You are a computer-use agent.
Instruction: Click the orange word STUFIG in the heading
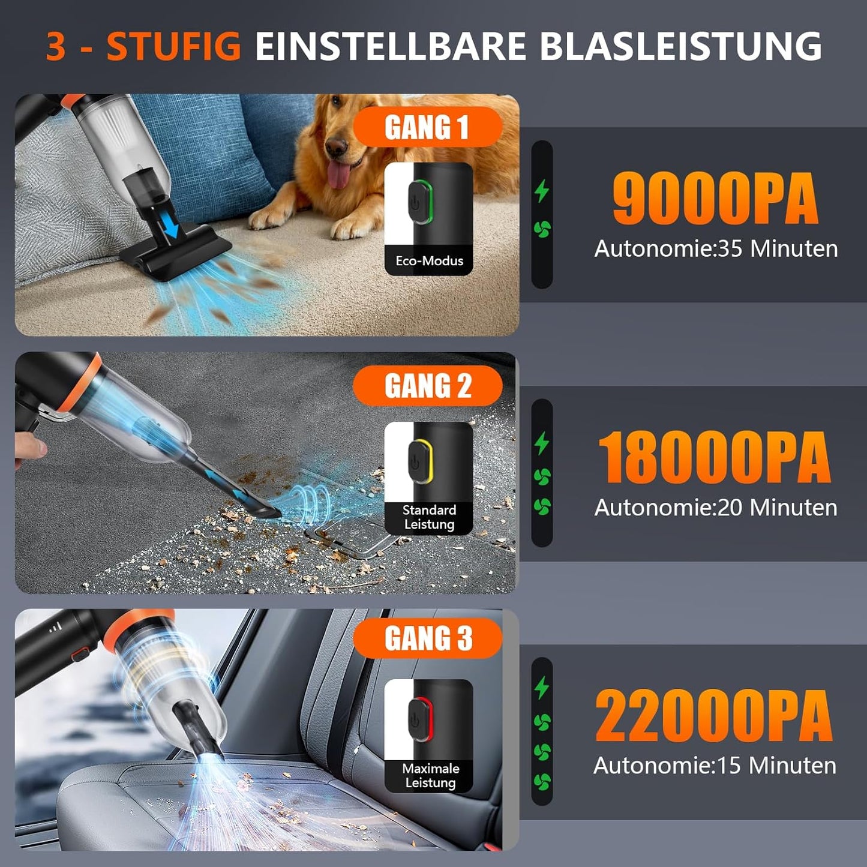(173, 46)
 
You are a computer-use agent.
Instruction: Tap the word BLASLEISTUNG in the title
(680, 46)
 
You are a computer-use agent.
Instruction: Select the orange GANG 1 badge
(427, 127)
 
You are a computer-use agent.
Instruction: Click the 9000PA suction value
(715, 199)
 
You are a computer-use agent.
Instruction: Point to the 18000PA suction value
(715, 458)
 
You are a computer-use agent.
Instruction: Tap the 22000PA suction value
(714, 716)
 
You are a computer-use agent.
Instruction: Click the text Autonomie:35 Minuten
(716, 248)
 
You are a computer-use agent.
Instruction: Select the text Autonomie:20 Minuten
(716, 508)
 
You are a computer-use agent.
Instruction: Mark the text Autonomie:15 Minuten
(715, 766)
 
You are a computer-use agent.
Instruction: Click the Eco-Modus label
(429, 261)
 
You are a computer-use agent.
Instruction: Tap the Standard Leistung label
(429, 517)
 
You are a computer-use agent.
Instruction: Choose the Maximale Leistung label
(430, 776)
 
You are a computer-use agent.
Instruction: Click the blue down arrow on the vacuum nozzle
(173, 227)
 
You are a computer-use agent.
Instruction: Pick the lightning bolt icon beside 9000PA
(542, 191)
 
